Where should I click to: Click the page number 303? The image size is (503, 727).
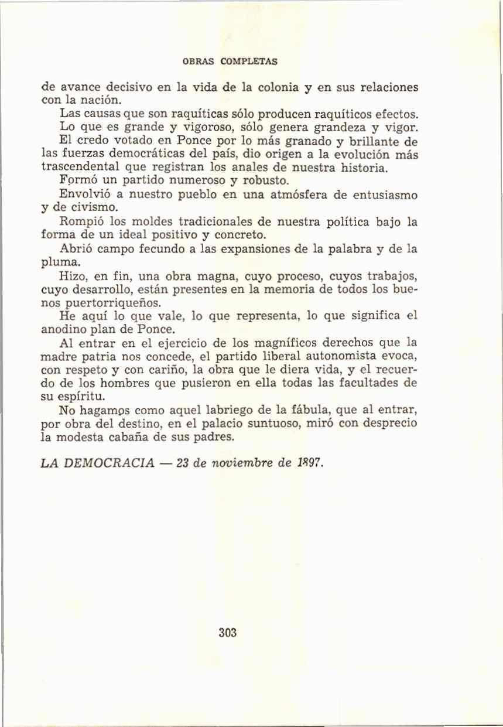pos(227,633)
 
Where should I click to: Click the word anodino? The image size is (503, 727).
pos(62,329)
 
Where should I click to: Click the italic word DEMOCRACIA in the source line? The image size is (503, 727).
pos(111,463)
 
